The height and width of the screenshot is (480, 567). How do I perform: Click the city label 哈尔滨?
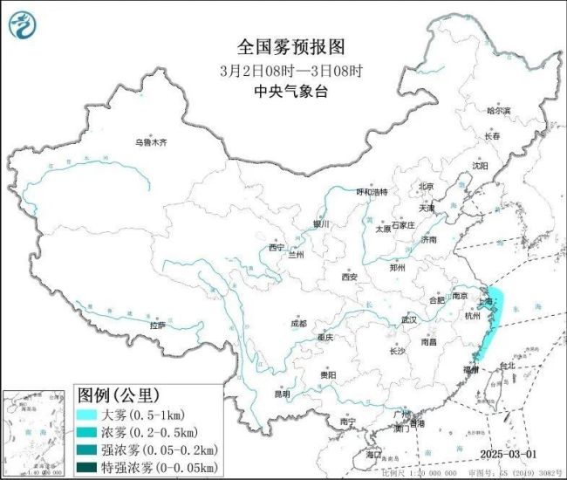pyautogui.click(x=498, y=111)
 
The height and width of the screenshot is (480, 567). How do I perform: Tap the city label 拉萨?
pyautogui.click(x=157, y=325)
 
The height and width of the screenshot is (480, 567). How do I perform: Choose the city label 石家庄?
pyautogui.click(x=408, y=224)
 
